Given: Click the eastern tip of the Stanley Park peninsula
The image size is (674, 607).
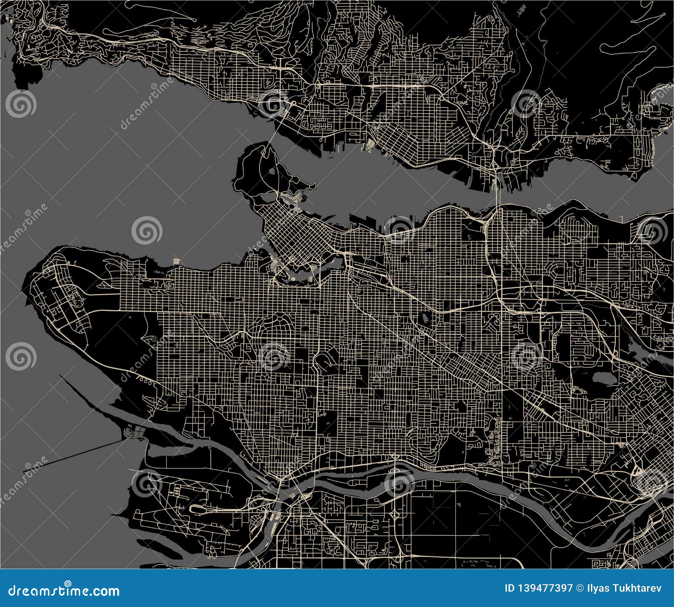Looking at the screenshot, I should coord(314,184).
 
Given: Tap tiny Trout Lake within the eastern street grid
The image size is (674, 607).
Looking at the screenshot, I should coord(424,316).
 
